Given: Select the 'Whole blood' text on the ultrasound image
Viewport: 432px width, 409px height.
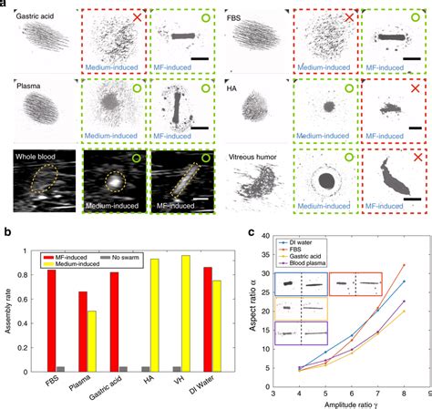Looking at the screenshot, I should pos(37,158).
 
